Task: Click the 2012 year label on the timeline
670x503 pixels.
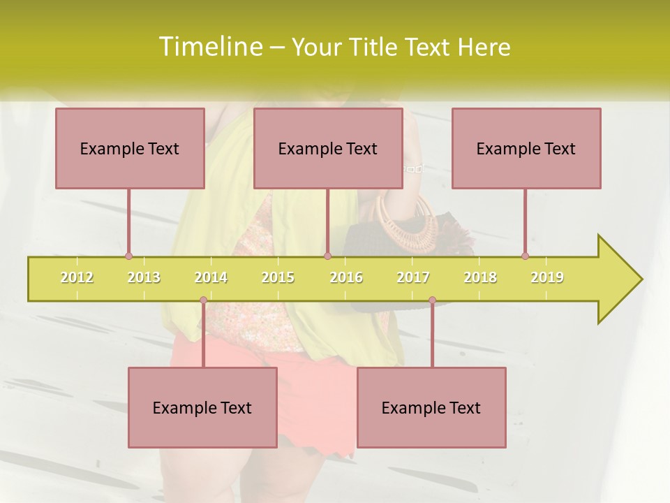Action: pos(77,277)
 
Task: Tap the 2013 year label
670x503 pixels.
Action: pos(144,277)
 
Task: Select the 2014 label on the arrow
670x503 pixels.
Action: pos(211,277)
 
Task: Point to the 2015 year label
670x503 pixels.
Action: pos(278,277)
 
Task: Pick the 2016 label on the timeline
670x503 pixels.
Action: pos(346,277)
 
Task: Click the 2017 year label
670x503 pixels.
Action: pos(413,277)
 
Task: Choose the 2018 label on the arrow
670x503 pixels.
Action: pos(480,277)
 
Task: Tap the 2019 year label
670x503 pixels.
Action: pos(547,277)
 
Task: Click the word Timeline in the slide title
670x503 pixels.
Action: pos(209,47)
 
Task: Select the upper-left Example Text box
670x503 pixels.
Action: pos(130,148)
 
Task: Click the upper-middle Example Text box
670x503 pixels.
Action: pos(328,148)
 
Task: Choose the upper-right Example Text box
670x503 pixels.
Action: pos(526,148)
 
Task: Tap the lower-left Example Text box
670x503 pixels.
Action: pos(202,407)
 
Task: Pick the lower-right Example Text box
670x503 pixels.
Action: pos(431,407)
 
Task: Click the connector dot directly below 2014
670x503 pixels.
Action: pos(203,300)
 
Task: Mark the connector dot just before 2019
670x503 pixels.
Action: pos(525,256)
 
